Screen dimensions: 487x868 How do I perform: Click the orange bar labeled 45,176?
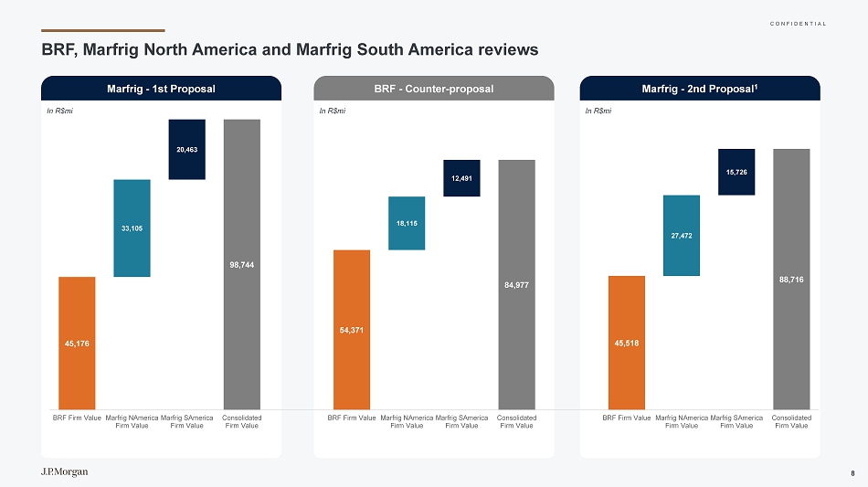coord(77,343)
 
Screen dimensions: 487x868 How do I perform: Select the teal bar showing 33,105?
coord(132,228)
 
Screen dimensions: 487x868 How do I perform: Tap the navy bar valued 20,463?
coord(186,149)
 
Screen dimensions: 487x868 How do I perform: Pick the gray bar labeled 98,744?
coord(242,264)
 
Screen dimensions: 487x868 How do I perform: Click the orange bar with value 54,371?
coord(352,329)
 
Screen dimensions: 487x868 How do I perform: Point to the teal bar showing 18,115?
coord(407,223)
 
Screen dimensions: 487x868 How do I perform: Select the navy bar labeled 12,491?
coord(461,178)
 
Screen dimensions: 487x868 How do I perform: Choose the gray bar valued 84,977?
coord(516,284)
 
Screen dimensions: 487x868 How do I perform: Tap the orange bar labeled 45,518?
coord(627,343)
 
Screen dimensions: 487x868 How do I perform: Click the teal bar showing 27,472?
coord(682,235)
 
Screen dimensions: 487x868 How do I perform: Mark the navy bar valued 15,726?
coord(736,172)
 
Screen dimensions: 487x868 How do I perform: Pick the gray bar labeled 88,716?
coord(791,279)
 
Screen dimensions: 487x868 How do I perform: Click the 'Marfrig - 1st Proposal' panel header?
coord(161,89)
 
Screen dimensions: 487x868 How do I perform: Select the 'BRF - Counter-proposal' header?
coord(434,89)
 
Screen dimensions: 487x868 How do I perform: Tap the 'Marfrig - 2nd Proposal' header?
coord(700,89)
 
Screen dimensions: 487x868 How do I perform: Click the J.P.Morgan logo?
coord(65,471)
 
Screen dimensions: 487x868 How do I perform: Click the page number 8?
coord(852,472)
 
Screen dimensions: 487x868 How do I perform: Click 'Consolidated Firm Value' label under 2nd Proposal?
coord(791,421)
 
